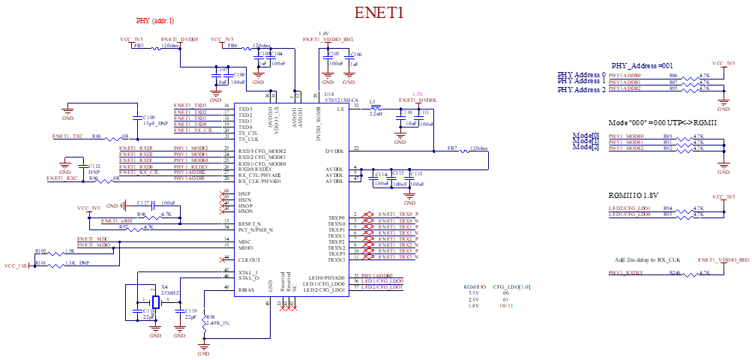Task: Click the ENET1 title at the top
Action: click(x=379, y=13)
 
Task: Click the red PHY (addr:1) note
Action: click(x=155, y=21)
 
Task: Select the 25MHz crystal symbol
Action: click(x=156, y=302)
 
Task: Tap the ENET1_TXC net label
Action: click(x=67, y=136)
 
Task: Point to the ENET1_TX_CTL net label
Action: click(x=193, y=130)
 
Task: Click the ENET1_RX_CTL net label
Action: click(x=139, y=172)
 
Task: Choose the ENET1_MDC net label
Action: click(x=93, y=239)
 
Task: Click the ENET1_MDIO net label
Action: click(x=94, y=245)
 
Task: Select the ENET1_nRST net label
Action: click(x=117, y=221)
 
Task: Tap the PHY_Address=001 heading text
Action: click(x=641, y=66)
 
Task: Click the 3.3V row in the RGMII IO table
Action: click(x=475, y=293)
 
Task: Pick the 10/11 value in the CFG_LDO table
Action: click(x=506, y=306)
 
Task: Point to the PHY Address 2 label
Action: click(x=581, y=89)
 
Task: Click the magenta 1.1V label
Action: click(x=418, y=94)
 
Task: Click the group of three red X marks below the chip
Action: click(x=289, y=309)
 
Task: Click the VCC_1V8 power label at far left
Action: click(x=16, y=266)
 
